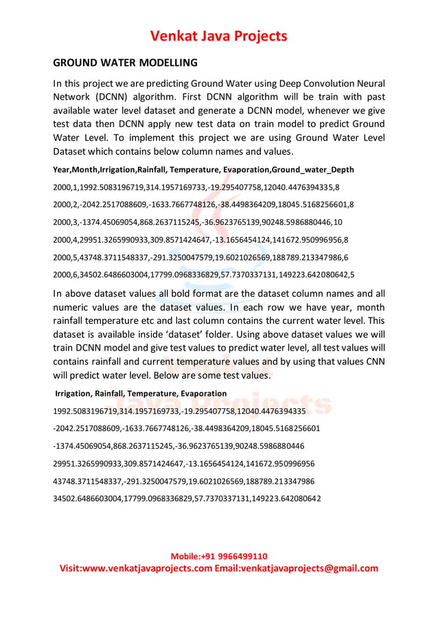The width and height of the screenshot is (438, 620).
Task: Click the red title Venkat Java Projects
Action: tap(219, 36)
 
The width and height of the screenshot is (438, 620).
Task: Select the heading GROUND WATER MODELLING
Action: tap(126, 63)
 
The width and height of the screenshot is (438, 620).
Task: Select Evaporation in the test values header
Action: tap(203, 393)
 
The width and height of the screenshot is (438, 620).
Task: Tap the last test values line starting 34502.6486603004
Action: tap(187, 498)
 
